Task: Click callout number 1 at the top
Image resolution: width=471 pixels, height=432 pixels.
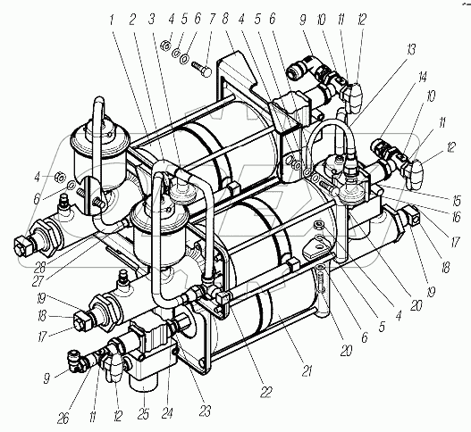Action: [112, 21]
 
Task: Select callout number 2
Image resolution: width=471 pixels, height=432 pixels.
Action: [132, 20]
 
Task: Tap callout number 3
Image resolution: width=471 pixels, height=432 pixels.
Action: [152, 20]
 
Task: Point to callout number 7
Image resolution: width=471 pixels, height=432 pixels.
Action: [212, 20]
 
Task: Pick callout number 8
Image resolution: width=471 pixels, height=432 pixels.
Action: [225, 20]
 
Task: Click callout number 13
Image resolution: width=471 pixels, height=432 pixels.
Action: [411, 50]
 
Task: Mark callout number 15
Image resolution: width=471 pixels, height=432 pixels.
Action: [456, 201]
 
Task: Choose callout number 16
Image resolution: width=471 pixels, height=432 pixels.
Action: [456, 216]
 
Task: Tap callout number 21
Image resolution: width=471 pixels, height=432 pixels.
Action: [307, 371]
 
